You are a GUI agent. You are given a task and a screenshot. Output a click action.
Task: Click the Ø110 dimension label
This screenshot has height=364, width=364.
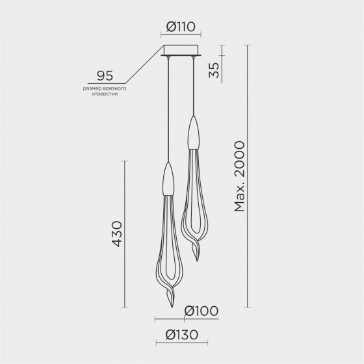coord(181,27)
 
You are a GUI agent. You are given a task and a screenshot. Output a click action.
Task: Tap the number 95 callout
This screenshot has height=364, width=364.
coord(105,75)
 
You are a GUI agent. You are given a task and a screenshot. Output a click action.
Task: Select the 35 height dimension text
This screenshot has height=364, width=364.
coord(214,70)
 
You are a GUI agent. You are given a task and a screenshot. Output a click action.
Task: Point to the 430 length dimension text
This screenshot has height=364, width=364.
coord(117,234)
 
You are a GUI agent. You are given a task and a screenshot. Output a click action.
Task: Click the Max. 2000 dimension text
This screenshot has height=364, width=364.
coord(239,176)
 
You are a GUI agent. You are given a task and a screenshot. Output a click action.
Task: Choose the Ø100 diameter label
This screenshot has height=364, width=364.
coord(201,311)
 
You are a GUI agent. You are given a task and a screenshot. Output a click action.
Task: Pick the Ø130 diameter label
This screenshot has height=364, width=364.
coord(182,335)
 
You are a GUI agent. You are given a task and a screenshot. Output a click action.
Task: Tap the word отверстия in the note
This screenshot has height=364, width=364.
coord(105,94)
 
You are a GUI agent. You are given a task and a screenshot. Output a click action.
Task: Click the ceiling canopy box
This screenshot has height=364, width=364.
coord(181,50)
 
